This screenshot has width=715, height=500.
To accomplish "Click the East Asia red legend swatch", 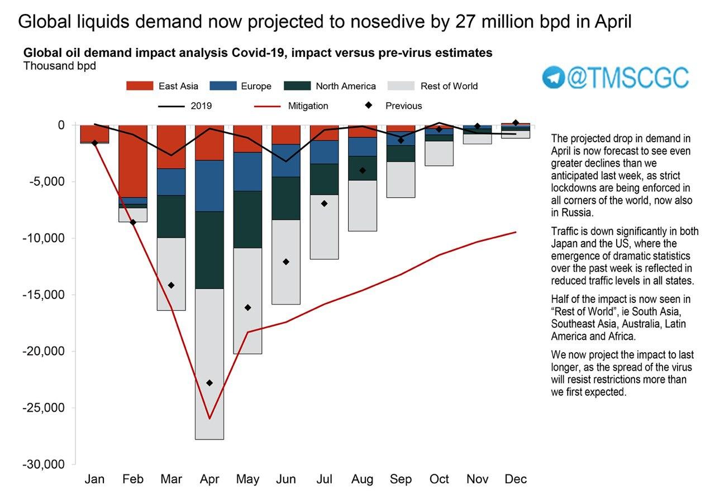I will tap(140, 86).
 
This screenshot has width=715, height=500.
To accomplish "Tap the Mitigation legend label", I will tap(308, 106).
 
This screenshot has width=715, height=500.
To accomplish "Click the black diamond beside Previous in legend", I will tap(369, 105).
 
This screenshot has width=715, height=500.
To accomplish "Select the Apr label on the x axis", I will tap(209, 479).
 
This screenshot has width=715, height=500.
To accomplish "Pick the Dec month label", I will tap(516, 479).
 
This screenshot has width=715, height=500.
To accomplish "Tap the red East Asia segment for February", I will tap(133, 161).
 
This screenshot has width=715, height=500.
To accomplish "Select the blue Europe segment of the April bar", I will tap(209, 186).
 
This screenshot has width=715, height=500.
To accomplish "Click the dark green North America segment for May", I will tap(248, 219).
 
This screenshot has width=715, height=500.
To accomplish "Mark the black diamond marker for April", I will tap(209, 383).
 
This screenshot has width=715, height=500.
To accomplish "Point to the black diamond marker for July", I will tap(325, 204).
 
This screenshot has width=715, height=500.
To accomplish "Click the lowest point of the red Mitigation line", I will tap(209, 419).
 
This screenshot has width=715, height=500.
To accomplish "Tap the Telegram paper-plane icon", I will tap(554, 78).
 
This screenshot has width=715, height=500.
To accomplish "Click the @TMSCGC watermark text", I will tap(628, 78).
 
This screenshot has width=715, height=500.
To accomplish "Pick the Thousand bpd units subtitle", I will tap(59, 66).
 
